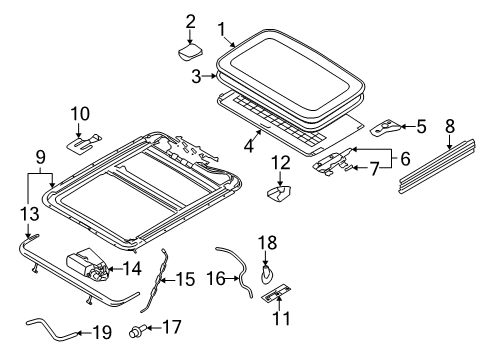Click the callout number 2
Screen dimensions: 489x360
(190, 22)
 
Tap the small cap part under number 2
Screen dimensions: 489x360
(190, 52)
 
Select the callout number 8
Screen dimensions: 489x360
(450, 127)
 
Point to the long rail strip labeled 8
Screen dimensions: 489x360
(437, 166)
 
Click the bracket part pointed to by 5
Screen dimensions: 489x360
(386, 127)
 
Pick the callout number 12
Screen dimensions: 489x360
(281, 163)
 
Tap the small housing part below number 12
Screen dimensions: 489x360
(278, 194)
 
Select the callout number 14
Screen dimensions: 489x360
(132, 269)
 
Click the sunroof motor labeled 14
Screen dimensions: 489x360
(88, 264)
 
